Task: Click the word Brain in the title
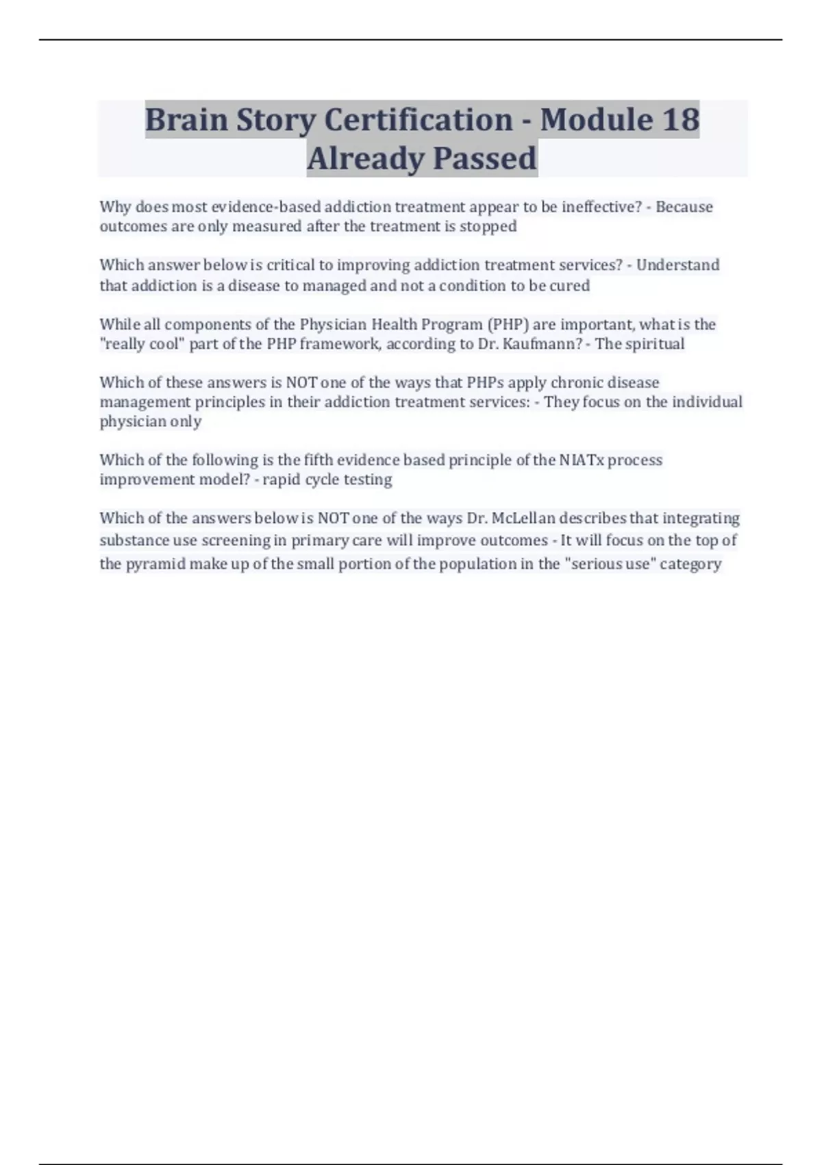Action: [x=186, y=119]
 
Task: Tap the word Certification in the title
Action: [x=418, y=119]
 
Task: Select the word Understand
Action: [x=677, y=265]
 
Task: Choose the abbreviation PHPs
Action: [x=485, y=382]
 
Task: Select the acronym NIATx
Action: [x=582, y=460]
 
